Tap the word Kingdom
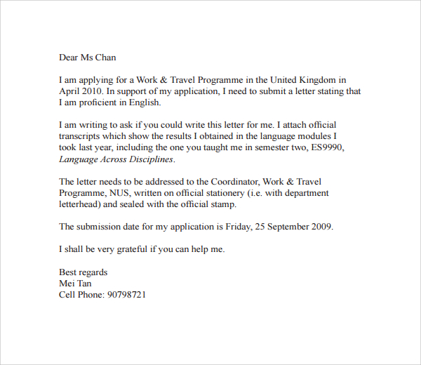pyautogui.click(x=317, y=80)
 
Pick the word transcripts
pyautogui.click(x=83, y=136)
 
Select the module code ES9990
pyautogui.click(x=327, y=147)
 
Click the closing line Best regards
pyautogui.click(x=83, y=272)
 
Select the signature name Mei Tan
pyautogui.click(x=76, y=284)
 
